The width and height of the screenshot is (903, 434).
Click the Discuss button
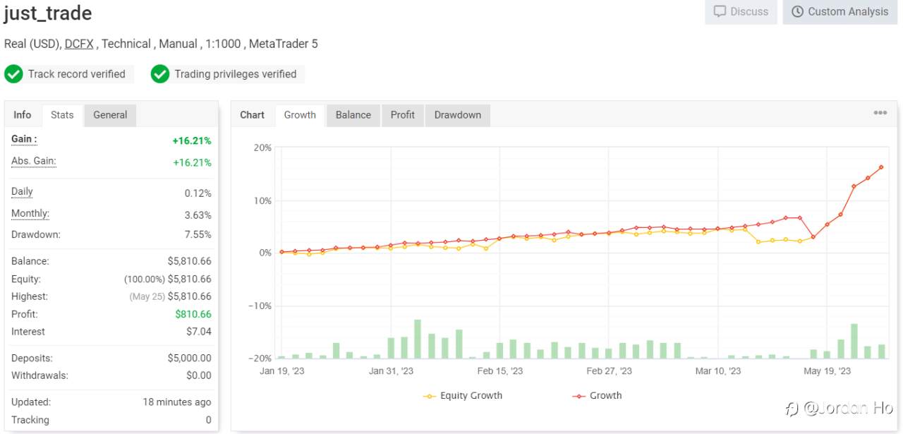click(x=741, y=12)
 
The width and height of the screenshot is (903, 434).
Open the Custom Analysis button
click(x=840, y=12)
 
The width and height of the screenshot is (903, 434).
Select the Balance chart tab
click(x=353, y=115)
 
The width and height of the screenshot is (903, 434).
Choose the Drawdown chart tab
click(x=458, y=115)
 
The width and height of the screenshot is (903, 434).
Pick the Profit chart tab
click(x=402, y=115)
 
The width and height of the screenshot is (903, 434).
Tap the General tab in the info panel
click(x=110, y=115)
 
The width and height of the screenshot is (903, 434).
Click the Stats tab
click(x=62, y=115)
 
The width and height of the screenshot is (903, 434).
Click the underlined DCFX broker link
click(x=79, y=44)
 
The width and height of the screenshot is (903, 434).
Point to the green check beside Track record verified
click(x=13, y=74)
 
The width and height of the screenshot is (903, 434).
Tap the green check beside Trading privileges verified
click(x=160, y=74)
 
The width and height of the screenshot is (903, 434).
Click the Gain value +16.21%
click(x=192, y=140)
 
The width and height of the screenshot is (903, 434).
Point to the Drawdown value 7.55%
click(x=198, y=234)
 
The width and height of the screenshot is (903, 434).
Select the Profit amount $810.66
click(x=193, y=314)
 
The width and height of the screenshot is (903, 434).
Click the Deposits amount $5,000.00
click(x=190, y=358)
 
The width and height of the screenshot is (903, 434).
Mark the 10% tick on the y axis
click(x=262, y=201)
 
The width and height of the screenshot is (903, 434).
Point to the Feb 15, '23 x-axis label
click(x=500, y=371)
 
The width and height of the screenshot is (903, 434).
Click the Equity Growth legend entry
click(x=463, y=396)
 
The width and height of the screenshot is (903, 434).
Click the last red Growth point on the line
click(x=881, y=167)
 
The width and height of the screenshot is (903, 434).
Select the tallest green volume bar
click(x=418, y=339)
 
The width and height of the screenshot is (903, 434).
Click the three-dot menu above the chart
click(x=880, y=112)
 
